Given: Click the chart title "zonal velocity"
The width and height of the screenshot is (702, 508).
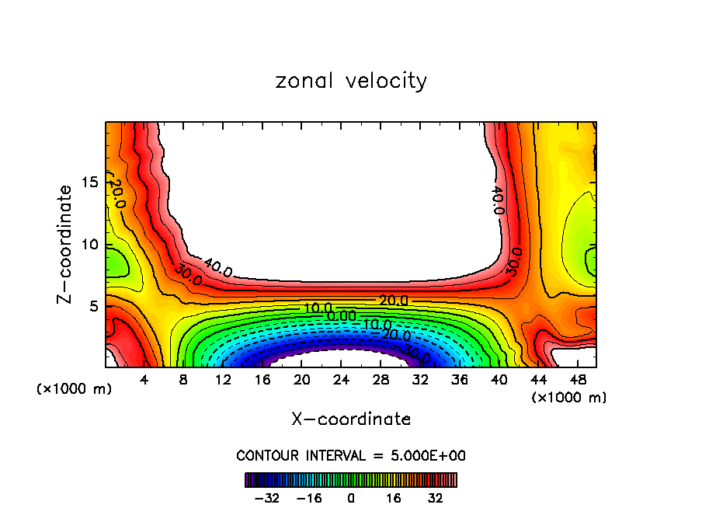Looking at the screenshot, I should [x=351, y=81].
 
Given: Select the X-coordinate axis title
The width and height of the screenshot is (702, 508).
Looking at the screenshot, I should [x=351, y=419].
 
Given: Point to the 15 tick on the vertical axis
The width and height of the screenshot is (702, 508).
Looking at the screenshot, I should [x=89, y=183].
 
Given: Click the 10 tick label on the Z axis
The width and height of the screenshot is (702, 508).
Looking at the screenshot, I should [x=89, y=245].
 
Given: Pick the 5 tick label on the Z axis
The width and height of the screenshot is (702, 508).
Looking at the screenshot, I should [x=93, y=306].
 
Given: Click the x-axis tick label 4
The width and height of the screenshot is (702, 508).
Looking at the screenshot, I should [x=144, y=381].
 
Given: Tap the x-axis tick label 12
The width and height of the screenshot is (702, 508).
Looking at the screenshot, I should [x=223, y=381].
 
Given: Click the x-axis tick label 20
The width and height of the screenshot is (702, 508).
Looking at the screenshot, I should [x=301, y=381].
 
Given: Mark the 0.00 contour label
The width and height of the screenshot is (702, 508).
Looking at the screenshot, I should [x=342, y=316].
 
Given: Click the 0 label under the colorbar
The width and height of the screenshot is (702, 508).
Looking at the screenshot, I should [x=351, y=497].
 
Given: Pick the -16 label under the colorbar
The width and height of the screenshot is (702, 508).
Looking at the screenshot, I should [x=309, y=497].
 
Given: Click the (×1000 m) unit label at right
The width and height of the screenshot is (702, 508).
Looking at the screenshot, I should [x=569, y=398].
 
